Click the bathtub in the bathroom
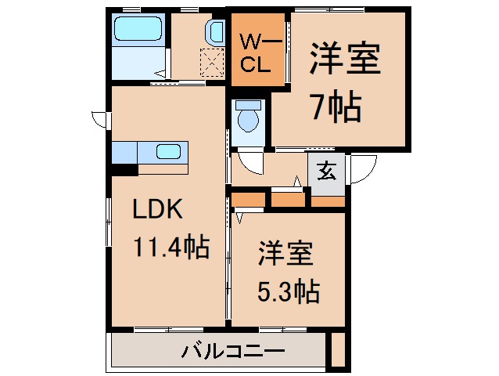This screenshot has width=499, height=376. pos(138,30)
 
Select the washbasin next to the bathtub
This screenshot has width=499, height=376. pos(216,31)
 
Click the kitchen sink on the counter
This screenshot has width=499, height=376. pos(170,151)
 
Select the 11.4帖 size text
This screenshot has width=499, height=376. pos(170,248)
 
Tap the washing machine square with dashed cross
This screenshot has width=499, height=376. pos(211,61)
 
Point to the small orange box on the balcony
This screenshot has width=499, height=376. pos(337,349)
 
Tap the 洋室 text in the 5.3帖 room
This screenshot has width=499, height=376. pos(286,255)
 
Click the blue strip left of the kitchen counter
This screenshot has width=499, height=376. pos(124,150)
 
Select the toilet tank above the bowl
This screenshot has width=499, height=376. pos(249,105)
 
